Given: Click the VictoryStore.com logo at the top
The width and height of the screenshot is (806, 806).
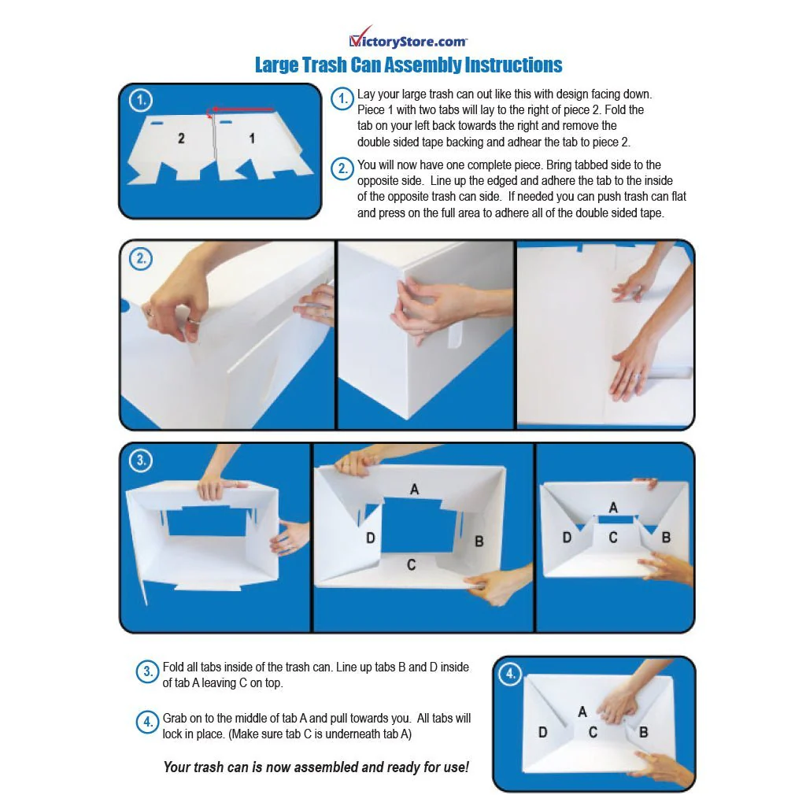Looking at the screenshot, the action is point(409,37).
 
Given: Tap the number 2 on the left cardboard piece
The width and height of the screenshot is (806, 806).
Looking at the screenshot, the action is point(181,139).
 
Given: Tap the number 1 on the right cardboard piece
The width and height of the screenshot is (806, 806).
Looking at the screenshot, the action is point(252,139).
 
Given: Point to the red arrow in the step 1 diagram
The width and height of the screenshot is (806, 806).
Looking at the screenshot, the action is point(241,109).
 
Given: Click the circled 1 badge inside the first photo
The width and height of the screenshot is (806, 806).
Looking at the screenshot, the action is point(140,100).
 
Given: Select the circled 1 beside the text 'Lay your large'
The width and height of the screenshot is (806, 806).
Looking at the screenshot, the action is point(342,98).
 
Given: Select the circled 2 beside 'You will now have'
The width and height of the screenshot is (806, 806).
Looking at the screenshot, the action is point(342,169).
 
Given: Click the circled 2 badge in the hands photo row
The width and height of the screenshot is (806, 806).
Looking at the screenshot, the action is point(140,258).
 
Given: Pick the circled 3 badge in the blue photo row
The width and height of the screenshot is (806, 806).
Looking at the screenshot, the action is point(140,460).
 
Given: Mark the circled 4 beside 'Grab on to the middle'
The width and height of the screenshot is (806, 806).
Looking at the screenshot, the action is point(147,723).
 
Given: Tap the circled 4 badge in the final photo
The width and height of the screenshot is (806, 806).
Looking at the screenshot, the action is point(510,674).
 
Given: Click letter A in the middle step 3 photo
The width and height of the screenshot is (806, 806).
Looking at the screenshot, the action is point(414,490).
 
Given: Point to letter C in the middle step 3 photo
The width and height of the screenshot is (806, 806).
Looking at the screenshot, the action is point(411,565).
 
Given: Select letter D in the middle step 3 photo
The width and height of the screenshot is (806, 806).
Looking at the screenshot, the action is point(371,538).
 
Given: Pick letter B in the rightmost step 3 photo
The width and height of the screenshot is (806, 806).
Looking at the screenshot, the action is point(666,538).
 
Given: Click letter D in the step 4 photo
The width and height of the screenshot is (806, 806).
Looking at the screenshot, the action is point(543,732).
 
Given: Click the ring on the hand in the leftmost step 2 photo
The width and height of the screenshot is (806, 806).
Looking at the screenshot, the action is point(194,321).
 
